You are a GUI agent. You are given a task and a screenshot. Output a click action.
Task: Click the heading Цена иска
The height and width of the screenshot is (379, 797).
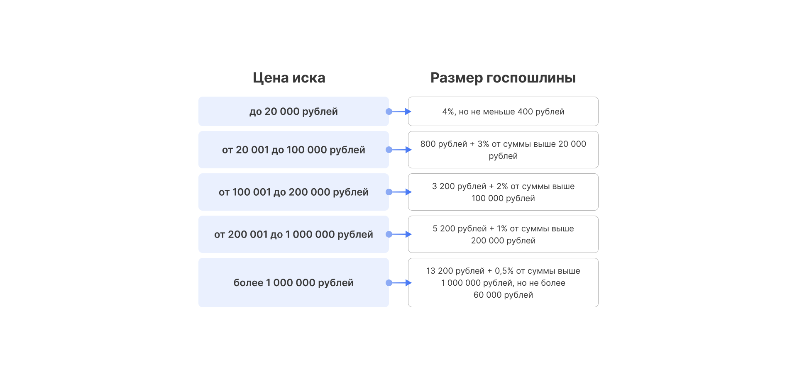point(289,78)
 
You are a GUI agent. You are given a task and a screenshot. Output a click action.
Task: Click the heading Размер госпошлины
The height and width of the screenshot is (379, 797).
point(503,78)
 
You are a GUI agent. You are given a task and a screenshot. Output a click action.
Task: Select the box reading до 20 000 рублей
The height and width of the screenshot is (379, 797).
point(293,112)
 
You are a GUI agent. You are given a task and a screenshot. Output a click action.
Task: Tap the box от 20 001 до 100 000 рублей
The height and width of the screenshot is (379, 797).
point(293,150)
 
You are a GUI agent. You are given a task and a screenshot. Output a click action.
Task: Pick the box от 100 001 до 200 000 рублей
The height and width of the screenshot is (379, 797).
point(293,192)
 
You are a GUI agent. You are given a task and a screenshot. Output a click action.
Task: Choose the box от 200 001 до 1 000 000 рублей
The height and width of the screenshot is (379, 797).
point(293,234)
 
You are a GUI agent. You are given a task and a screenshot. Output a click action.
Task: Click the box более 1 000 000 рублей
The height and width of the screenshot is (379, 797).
point(293,283)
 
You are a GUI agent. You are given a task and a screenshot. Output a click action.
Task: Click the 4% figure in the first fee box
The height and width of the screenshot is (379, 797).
point(448,112)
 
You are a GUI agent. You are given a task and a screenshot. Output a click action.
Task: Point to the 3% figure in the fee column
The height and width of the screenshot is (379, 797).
point(483,144)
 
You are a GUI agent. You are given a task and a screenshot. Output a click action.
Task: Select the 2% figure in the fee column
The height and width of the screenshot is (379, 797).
point(502,187)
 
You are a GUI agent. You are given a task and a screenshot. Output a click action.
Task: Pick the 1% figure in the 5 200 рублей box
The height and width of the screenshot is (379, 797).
point(502,229)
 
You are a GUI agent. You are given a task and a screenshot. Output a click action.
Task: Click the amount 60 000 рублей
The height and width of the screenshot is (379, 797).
point(503,295)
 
